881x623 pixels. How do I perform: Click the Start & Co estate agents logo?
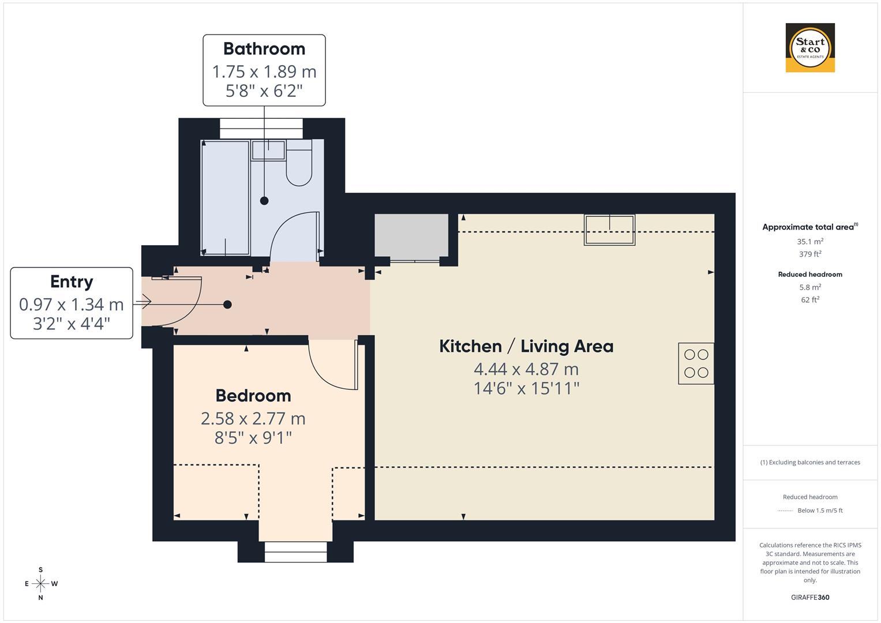[810, 48]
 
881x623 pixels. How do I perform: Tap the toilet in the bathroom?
[299, 164]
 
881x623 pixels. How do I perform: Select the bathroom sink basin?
[268, 150]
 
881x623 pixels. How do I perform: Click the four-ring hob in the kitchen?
[696, 363]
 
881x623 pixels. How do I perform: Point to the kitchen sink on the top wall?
[609, 230]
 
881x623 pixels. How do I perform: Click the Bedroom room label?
[253, 396]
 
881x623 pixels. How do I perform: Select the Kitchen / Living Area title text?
[526, 346]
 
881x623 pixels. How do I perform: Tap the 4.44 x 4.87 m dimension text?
[526, 369]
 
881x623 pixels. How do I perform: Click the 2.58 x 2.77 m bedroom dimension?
[253, 418]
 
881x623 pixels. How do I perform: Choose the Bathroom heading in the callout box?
[264, 49]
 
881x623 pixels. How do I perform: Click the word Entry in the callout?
[72, 282]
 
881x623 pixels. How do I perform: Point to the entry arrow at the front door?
[143, 301]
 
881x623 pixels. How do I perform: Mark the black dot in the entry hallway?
[227, 305]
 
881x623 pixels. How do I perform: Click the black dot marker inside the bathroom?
[264, 201]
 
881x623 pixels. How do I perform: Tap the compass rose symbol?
[40, 584]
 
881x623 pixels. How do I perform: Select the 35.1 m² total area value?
[810, 242]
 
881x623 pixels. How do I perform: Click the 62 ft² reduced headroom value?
[810, 299]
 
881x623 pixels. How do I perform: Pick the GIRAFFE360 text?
[810, 597]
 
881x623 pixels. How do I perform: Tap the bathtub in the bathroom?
[226, 197]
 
